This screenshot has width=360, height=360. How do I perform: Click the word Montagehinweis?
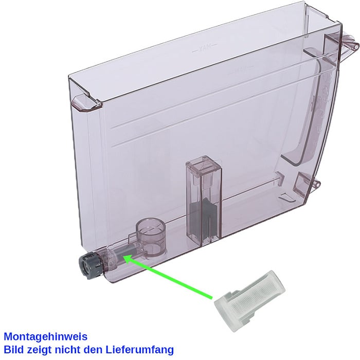(x=46, y=337)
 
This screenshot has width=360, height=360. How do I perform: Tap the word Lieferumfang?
(x=139, y=350)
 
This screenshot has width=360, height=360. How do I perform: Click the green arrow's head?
(x=129, y=259)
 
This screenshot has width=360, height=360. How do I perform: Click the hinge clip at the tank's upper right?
(x=349, y=43)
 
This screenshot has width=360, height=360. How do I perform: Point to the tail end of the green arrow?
(x=211, y=298)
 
